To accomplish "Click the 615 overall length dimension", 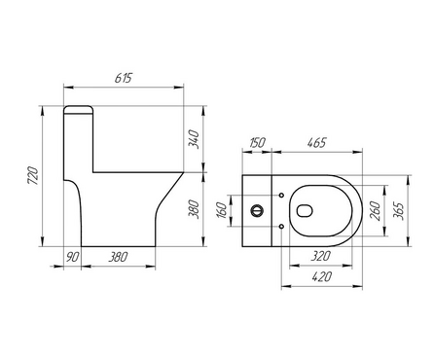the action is click(x=124, y=78).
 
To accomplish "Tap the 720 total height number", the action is click(x=33, y=176).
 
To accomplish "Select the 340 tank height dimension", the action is click(x=195, y=139).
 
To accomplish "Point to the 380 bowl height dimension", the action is click(x=195, y=209).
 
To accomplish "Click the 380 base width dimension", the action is click(x=118, y=257).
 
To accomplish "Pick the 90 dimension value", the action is click(x=72, y=257).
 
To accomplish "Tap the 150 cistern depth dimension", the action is click(x=258, y=143).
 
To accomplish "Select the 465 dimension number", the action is click(x=316, y=143).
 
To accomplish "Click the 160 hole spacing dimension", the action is click(x=222, y=210).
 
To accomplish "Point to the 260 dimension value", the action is click(x=376, y=211).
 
